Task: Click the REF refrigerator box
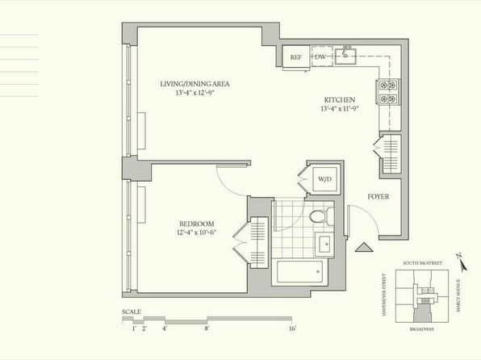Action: click(x=295, y=57)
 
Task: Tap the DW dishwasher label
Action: click(x=320, y=57)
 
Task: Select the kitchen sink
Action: click(x=345, y=56)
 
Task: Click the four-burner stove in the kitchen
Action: click(x=388, y=92)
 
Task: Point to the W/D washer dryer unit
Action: click(x=325, y=179)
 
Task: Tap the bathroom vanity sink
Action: click(x=324, y=245)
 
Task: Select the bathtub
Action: click(x=299, y=271)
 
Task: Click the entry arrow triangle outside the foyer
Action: click(x=364, y=247)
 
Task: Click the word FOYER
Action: click(x=379, y=197)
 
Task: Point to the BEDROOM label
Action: click(x=197, y=224)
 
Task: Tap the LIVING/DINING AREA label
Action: click(x=194, y=84)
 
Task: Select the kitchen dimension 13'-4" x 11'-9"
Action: click(x=340, y=109)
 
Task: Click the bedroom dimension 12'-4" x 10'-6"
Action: click(x=197, y=232)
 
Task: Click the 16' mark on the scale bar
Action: click(x=292, y=329)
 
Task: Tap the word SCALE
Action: click(x=132, y=312)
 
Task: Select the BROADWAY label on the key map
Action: click(x=422, y=329)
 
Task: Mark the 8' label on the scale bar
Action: click(x=207, y=329)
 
